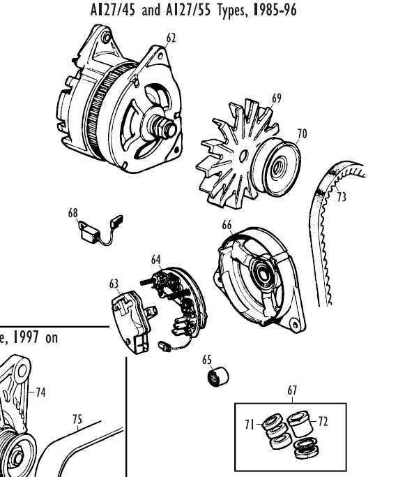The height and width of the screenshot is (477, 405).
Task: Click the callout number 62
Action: (x=171, y=37)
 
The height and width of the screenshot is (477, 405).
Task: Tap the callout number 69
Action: (x=277, y=98)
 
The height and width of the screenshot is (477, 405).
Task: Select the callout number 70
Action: (x=302, y=133)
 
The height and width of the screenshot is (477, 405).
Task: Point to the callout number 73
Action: (x=342, y=198)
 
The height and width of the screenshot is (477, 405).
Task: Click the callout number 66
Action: (x=227, y=225)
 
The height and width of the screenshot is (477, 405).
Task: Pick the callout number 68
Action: (x=73, y=214)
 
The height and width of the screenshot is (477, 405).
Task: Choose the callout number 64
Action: (x=156, y=260)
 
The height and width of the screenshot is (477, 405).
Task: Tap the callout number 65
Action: (x=207, y=360)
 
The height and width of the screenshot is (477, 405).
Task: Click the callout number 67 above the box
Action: (x=292, y=392)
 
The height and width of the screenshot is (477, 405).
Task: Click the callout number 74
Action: (x=40, y=392)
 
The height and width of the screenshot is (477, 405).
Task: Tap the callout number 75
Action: (x=77, y=420)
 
